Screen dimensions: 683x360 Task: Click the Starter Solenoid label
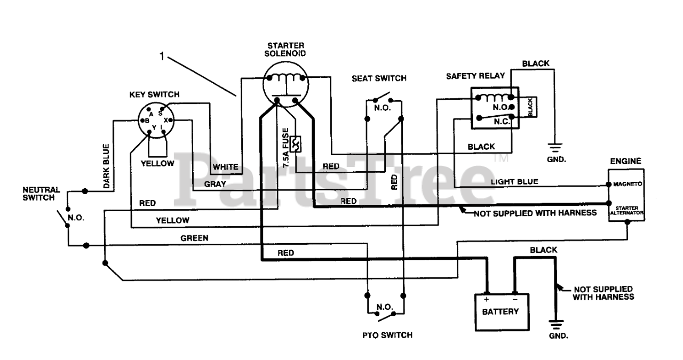285,50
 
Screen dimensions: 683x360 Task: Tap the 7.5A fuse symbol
296,144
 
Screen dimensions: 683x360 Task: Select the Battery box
502,312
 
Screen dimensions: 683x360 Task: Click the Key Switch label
154,94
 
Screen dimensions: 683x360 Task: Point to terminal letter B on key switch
147,121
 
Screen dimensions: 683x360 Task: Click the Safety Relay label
475,76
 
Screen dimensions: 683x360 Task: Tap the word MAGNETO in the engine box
628,184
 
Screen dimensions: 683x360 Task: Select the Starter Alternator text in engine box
626,210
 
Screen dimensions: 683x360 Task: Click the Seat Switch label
379,78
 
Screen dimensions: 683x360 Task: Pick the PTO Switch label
387,335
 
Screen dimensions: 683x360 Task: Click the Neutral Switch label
41,194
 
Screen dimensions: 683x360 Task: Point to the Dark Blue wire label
106,166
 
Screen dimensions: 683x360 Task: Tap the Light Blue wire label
514,182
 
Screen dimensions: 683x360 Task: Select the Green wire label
194,238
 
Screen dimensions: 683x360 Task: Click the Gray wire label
215,184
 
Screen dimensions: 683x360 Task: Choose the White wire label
225,167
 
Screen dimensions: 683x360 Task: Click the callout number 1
162,56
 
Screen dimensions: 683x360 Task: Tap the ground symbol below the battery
557,325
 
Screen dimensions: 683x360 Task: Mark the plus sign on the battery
486,299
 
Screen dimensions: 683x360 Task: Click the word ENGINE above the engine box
626,161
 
